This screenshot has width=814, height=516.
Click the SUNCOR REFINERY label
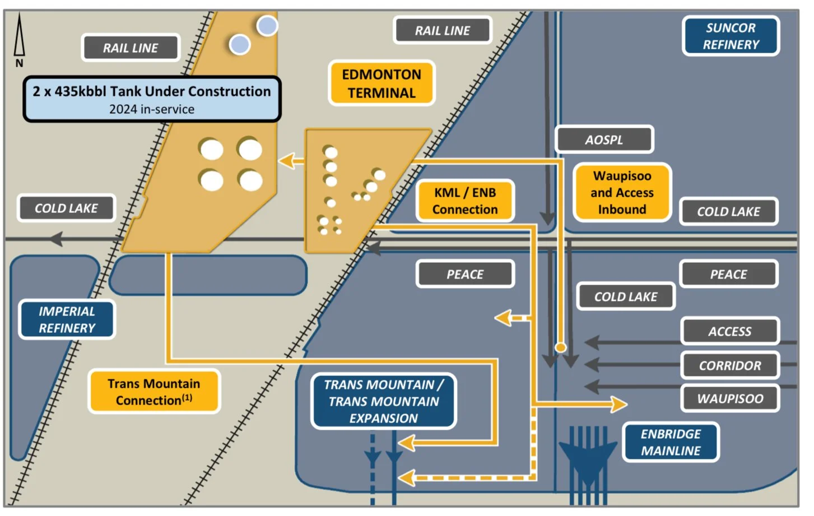tap(731, 36)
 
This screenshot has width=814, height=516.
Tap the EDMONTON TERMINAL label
tap(382, 83)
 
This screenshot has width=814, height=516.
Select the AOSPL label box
tap(604, 140)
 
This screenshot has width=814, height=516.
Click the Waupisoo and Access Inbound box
tap(622, 193)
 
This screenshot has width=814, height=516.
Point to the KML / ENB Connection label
tap(464, 201)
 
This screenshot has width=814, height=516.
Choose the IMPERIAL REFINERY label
tap(67, 319)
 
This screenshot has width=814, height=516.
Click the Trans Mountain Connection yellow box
tap(154, 392)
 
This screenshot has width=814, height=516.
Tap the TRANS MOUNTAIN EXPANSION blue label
tap(384, 401)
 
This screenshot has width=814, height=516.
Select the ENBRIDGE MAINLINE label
tap(671, 442)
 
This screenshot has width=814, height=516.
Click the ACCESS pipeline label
tap(729, 332)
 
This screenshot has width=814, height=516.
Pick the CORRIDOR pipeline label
tap(729, 365)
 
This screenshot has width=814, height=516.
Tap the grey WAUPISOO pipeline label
tap(729, 398)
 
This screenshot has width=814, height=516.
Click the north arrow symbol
tap(20, 39)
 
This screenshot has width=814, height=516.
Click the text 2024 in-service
tap(152, 109)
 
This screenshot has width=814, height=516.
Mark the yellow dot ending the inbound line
tap(560, 347)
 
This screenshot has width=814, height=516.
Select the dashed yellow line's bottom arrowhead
tap(407, 478)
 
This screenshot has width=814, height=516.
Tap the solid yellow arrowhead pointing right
tap(618, 404)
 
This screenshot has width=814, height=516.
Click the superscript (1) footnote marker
tap(187, 397)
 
